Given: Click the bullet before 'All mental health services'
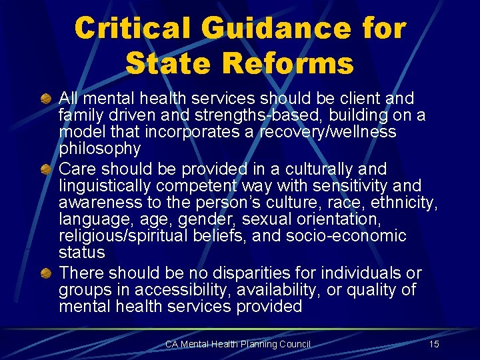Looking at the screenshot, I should [x=47, y=99].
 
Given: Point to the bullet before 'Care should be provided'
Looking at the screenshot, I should [x=47, y=169].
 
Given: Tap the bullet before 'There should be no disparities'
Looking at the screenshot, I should [x=47, y=273].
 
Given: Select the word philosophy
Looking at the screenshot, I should [x=99, y=149].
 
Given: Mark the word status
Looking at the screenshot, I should [x=81, y=253].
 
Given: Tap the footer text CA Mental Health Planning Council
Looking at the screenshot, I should [x=238, y=344].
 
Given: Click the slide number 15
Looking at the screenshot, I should [x=434, y=344].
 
